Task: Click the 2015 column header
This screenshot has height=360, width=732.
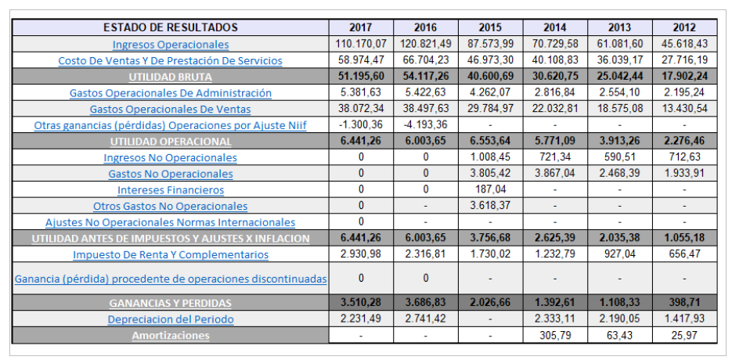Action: [490, 27]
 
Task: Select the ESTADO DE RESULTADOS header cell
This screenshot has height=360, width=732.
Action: [171, 27]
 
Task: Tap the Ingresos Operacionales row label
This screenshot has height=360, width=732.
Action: [171, 45]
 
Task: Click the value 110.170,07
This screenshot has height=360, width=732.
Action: [360, 45]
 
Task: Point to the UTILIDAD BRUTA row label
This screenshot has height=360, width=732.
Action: [171, 77]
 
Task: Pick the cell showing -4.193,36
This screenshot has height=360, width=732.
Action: [425, 125]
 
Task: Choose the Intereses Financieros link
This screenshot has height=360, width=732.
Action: [171, 189]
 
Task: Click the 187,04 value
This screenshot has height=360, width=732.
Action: [490, 189]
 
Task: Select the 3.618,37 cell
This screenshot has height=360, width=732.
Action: [490, 206]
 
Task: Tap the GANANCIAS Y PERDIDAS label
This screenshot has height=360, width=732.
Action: [171, 302]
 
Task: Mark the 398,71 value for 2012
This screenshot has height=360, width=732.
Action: [684, 302]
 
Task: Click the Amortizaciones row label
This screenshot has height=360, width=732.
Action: [171, 335]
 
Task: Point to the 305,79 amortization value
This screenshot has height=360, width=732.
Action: [554, 335]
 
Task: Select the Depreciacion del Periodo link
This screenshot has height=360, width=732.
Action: [171, 319]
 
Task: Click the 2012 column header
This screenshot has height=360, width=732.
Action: [684, 27]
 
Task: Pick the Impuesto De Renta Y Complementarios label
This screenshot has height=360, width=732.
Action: [171, 254]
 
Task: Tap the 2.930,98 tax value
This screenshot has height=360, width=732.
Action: [360, 254]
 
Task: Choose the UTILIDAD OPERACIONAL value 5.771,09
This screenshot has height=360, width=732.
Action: [554, 142]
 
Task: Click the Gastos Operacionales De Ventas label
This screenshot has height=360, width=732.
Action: [171, 109]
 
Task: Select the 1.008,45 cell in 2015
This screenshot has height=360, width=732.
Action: [490, 157]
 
